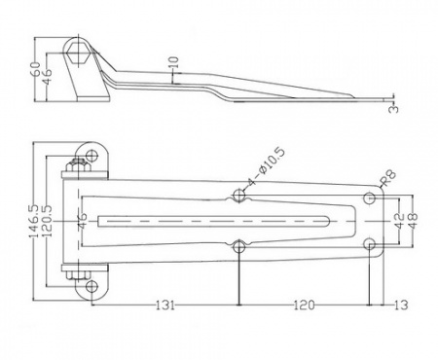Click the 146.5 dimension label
35,221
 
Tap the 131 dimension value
165,305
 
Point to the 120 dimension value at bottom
304,305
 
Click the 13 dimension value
401,305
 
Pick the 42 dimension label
400,221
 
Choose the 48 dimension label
414,221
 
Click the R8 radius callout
389,178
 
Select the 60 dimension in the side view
35,69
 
